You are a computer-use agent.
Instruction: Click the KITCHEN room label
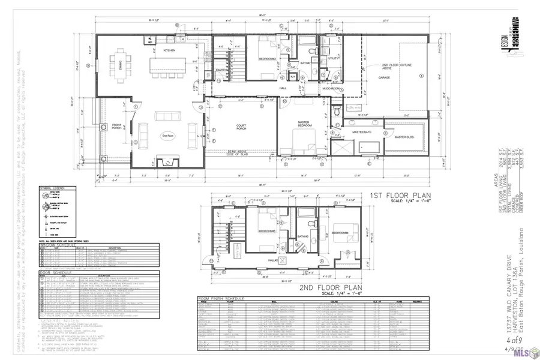170,50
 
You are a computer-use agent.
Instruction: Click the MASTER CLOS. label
405,137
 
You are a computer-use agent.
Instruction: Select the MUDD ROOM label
332,88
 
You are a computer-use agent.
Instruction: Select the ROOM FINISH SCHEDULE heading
220,298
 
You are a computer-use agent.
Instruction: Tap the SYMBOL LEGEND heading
52,187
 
